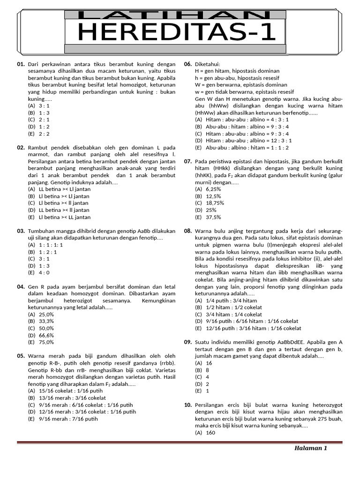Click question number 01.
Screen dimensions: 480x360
tap(21, 64)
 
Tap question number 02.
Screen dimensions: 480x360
tap(21, 148)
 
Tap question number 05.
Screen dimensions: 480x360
tap(21, 356)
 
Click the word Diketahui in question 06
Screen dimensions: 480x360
tap(207, 64)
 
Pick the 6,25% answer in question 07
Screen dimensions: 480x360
tap(213, 189)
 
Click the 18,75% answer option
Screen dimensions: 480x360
tap(215, 203)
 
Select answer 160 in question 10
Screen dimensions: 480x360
tap(210, 433)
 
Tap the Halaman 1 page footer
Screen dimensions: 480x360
tap(310, 448)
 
